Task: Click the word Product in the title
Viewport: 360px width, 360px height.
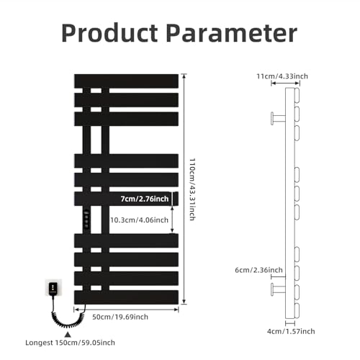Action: (109, 33)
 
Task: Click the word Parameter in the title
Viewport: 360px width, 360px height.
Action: (232, 33)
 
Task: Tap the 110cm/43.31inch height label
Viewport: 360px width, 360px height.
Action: (192, 189)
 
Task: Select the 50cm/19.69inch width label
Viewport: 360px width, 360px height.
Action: (120, 317)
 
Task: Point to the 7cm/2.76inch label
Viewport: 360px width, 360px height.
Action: (145, 199)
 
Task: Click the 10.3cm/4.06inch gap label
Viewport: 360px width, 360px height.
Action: (139, 220)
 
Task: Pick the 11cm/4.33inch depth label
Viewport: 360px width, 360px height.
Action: (282, 76)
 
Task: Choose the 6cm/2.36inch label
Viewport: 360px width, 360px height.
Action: (258, 270)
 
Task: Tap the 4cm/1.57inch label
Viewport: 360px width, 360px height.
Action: (291, 331)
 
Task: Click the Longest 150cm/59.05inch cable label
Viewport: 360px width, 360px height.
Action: (70, 343)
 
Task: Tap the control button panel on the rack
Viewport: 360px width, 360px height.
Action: (86, 219)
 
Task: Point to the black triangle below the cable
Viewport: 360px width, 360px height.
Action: (68, 334)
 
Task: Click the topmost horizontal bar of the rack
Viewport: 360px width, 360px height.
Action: (126, 81)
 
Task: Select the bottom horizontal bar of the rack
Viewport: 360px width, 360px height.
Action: (126, 297)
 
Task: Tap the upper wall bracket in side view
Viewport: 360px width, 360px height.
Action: (278, 118)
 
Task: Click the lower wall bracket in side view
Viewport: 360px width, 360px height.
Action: (278, 289)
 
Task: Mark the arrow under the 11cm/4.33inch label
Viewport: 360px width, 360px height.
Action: (285, 84)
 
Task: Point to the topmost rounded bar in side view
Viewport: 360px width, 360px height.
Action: (297, 95)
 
